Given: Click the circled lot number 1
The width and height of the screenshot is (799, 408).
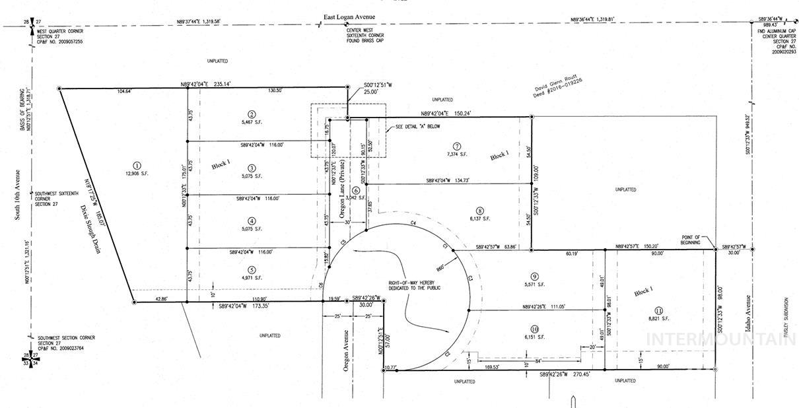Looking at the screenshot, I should point(137,166).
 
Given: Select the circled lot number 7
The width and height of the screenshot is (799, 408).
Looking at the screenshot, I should point(456,146).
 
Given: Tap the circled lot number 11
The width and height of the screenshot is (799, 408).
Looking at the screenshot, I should point(658,310).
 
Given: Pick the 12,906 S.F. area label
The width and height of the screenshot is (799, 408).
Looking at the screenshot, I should point(137,174).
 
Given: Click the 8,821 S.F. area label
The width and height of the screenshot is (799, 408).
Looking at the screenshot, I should point(658,318).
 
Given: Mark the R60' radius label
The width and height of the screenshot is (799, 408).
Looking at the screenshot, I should point(438,267).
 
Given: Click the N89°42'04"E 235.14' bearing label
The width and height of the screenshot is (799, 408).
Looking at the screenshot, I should point(205,84).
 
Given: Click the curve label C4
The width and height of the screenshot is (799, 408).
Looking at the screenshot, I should point(412,224).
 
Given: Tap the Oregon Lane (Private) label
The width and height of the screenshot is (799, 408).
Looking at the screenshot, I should point(343,195).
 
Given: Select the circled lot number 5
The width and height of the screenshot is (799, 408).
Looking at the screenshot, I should point(252,269).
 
